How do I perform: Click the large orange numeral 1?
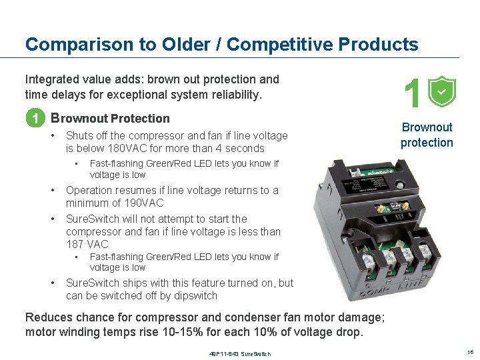click(413, 93)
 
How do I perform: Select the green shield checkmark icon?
click(441, 92)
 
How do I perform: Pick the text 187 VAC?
click(87, 245)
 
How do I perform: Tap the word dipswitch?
click(194, 295)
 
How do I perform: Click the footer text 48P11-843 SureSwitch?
click(239, 353)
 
